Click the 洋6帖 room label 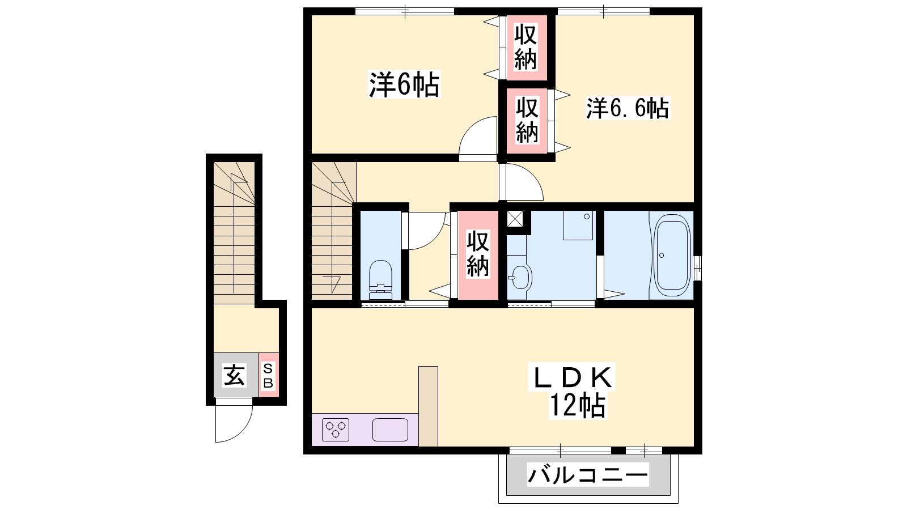404,84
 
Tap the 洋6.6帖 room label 628,108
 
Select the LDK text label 571,377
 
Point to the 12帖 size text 578,405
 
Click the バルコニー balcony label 588,475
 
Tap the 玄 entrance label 235,375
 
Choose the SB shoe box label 268,375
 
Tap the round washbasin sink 520,277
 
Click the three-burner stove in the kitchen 336,430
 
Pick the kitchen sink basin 390,430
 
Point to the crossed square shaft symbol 515,219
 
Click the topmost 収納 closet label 525,47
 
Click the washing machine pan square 578,225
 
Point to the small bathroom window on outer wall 698,267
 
